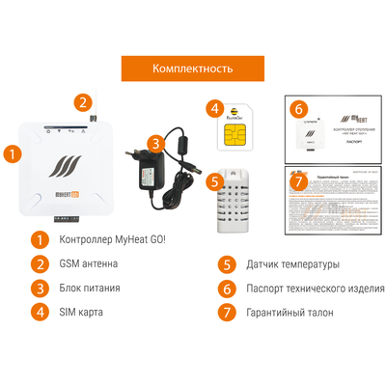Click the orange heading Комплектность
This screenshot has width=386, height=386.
click(193, 69)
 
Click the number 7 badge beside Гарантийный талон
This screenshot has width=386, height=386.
click(227, 312)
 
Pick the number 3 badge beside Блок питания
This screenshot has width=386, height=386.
click(40, 288)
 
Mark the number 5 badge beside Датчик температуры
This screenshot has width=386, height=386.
click(227, 263)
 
